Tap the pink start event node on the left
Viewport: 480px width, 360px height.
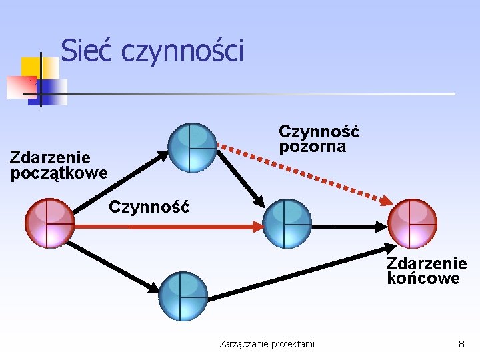tap(49, 223)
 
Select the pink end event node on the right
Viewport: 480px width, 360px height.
tap(412, 223)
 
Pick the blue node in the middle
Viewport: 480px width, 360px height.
tap(287, 223)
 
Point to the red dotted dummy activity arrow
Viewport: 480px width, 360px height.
tap(307, 173)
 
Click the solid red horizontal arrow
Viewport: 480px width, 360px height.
tap(167, 227)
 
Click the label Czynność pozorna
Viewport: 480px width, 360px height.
tap(319, 138)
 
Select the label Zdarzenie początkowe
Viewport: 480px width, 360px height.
tap(59, 165)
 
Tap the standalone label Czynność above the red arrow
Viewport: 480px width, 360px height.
tap(149, 206)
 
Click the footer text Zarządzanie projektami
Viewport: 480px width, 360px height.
tap(267, 344)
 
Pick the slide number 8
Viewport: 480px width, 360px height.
tap(461, 344)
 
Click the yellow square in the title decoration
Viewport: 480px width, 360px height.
tap(30, 67)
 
